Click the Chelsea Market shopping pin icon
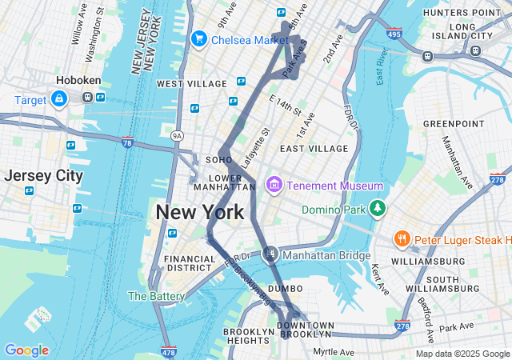pos(198,39)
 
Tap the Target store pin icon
pos(58,99)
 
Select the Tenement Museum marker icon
pos(274,186)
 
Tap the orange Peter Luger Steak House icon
pos(402,238)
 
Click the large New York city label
pos(199,213)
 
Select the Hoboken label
pos(77,81)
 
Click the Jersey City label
pos(43,175)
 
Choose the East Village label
pos(314,149)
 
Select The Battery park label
pos(156,296)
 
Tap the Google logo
pos(26,350)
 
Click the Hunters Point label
pos(461,13)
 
